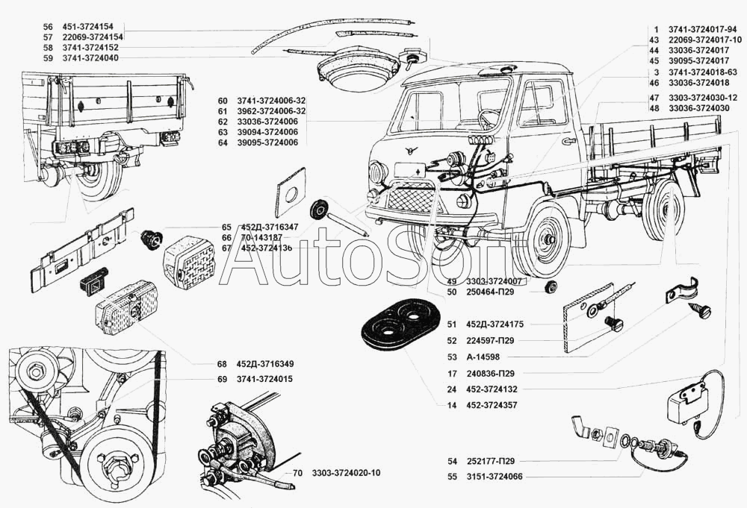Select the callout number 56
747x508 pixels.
click(x=48, y=25)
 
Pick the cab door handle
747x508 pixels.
click(x=569, y=139)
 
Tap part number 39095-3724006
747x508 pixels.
click(x=246, y=142)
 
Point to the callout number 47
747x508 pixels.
click(x=654, y=98)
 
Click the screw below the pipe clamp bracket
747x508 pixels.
click(x=704, y=312)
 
